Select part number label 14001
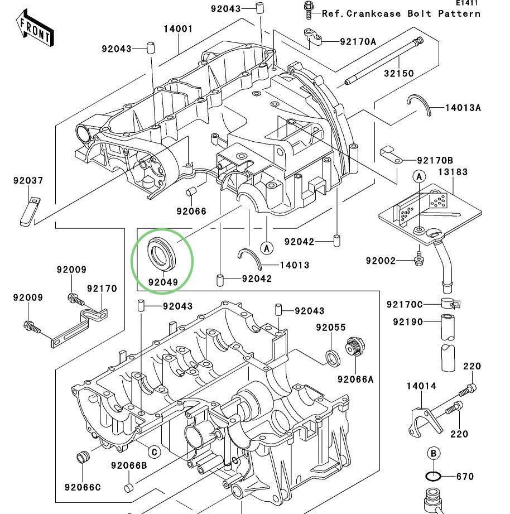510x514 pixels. pos(178,29)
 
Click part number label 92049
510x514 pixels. pos(163,282)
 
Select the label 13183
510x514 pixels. pos(453,172)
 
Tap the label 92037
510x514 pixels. pos(28,181)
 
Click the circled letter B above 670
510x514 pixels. pos(433,454)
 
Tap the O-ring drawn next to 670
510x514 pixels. pos(434,477)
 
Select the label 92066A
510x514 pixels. pos(355,380)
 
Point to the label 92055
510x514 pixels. pos(330,328)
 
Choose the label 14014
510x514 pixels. pos(421,386)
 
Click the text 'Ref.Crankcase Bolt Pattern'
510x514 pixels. pos(401,13)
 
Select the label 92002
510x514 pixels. pos(381,261)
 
